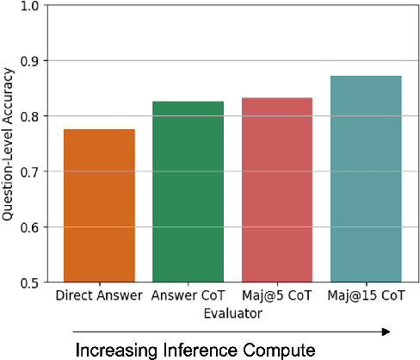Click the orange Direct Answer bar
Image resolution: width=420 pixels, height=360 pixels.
(x=99, y=206)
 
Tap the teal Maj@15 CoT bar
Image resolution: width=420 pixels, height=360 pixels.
(x=366, y=178)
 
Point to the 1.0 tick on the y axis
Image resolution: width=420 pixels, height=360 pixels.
(x=29, y=6)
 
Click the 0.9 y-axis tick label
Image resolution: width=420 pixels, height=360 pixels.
(x=29, y=61)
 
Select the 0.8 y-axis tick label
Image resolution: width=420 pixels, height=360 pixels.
(x=29, y=116)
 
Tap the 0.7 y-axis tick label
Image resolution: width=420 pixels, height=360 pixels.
(x=29, y=172)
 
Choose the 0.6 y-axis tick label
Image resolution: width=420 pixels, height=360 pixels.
(x=29, y=227)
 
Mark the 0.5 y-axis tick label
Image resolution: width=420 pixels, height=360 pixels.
(x=29, y=282)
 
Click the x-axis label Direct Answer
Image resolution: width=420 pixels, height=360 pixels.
(x=99, y=297)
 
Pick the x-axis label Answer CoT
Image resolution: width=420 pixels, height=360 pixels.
(x=188, y=297)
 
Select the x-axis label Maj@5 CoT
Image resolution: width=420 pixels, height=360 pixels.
(x=277, y=297)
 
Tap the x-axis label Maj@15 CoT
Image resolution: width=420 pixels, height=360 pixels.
(x=366, y=297)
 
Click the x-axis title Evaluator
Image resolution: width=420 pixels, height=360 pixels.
(x=232, y=313)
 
